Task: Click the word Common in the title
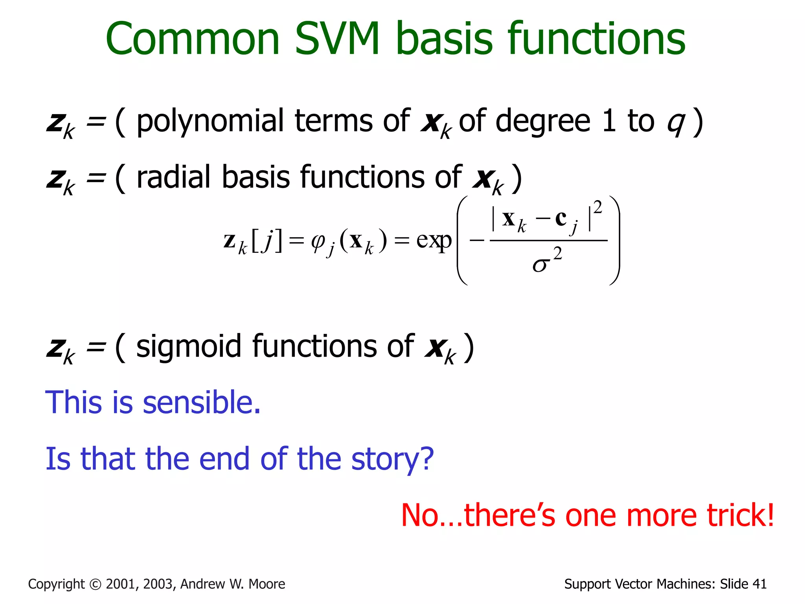tap(193, 39)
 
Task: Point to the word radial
tap(174, 177)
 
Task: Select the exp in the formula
tap(434, 240)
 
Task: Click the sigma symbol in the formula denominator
tap(540, 265)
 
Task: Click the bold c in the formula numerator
tap(561, 218)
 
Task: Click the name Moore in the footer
tap(267, 584)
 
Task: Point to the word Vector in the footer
tap(633, 584)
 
